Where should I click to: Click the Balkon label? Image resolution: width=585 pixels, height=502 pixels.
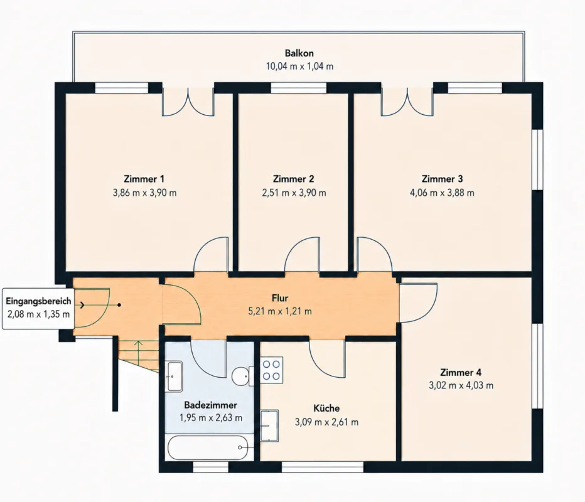pos(299,53)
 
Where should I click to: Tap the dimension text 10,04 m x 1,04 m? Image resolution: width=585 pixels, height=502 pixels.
pos(299,67)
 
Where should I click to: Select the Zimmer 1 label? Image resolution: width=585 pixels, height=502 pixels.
pos(144,179)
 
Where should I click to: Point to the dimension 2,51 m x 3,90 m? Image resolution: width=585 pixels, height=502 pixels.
pos(294,193)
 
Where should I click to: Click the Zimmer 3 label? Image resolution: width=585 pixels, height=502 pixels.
pos(442,179)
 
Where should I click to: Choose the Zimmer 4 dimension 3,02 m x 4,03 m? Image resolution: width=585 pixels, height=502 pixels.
pos(461,385)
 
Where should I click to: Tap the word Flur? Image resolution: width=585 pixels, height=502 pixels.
pos(280,298)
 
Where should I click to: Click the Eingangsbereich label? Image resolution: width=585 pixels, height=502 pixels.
pos(38,301)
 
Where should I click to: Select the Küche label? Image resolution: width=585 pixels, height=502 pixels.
pos(326,408)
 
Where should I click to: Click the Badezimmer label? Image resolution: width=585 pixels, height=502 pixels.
pos(211,405)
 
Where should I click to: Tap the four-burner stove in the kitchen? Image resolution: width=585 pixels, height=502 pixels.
pos(272,370)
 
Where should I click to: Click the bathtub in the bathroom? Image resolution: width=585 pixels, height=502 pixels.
pos(207,447)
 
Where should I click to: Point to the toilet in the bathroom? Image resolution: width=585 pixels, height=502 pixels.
pos(242,376)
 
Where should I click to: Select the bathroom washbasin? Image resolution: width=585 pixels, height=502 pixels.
pos(174,376)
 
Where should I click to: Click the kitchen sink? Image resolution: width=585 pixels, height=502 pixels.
pos(269,425)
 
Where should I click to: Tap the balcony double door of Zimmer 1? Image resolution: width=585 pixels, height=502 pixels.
pos(188,102)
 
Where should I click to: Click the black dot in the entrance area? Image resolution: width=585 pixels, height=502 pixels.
pos(119,305)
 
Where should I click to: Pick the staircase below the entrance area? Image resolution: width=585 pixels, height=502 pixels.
pos(139,355)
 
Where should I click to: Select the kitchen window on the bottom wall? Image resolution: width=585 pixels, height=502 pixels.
pos(323,467)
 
